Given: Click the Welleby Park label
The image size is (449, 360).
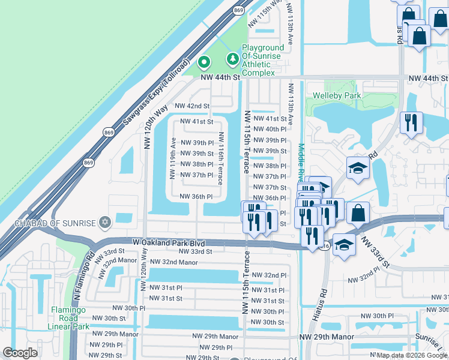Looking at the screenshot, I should pyautogui.click(x=337, y=95).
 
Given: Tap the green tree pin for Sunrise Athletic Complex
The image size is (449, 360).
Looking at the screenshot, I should pyautogui.click(x=232, y=59).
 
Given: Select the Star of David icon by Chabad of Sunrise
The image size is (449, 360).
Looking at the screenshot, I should pyautogui.click(x=106, y=223).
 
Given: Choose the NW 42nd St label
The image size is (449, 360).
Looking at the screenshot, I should pyautogui.click(x=192, y=106).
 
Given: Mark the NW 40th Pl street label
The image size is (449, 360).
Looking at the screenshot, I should pyautogui.click(x=270, y=129).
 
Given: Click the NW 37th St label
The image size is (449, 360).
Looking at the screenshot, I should pyautogui.click(x=270, y=187).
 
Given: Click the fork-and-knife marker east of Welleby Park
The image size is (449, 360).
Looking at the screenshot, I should pyautogui.click(x=411, y=123).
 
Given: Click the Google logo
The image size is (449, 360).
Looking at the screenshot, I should pyautogui.click(x=21, y=353).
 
